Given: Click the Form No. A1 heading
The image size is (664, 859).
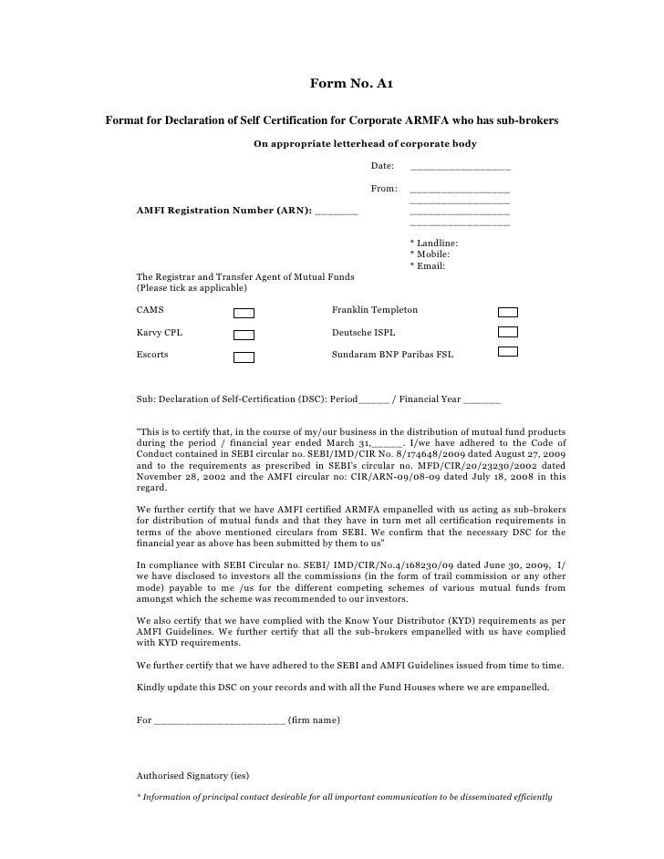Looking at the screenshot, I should tap(352, 85).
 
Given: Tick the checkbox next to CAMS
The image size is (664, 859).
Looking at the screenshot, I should tap(244, 312).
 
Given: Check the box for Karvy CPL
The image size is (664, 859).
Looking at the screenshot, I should tap(244, 335).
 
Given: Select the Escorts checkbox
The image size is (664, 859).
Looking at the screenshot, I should tap(244, 357).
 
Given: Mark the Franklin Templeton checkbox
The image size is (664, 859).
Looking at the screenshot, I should tap(508, 311).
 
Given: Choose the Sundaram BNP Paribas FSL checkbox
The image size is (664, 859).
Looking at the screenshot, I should tap(508, 352).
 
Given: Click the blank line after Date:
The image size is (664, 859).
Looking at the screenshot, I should tap(461, 168).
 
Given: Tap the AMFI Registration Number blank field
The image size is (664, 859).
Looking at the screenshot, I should tap(337, 212).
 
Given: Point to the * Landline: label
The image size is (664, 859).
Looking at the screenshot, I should tap(435, 243).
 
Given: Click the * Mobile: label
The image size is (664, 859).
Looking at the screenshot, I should tap(431, 254).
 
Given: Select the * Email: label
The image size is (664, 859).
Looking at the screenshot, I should tap(428, 265).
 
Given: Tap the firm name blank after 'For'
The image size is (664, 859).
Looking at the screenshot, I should tap(220, 721).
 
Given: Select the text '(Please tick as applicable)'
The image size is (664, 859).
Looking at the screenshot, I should tap(192, 288).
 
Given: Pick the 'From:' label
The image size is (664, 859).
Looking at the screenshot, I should tap(384, 189).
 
